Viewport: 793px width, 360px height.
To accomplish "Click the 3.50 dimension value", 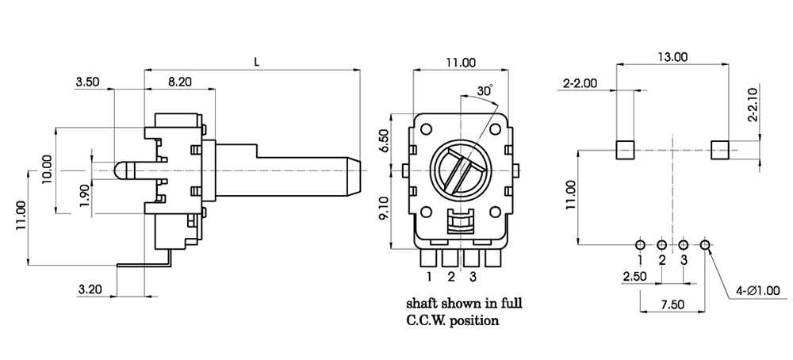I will [x=88, y=81].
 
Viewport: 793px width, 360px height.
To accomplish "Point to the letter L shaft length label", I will [x=255, y=60].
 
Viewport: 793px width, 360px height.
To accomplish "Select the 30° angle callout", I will [x=485, y=90].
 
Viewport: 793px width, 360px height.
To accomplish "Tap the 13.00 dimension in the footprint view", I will [x=673, y=56].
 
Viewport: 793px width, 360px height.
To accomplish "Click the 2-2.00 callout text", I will [x=579, y=83].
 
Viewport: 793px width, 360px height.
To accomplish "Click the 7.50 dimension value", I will [x=672, y=304].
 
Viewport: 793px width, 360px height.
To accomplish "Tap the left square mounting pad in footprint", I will [x=626, y=148].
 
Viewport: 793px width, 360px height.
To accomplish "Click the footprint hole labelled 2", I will [x=662, y=245].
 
